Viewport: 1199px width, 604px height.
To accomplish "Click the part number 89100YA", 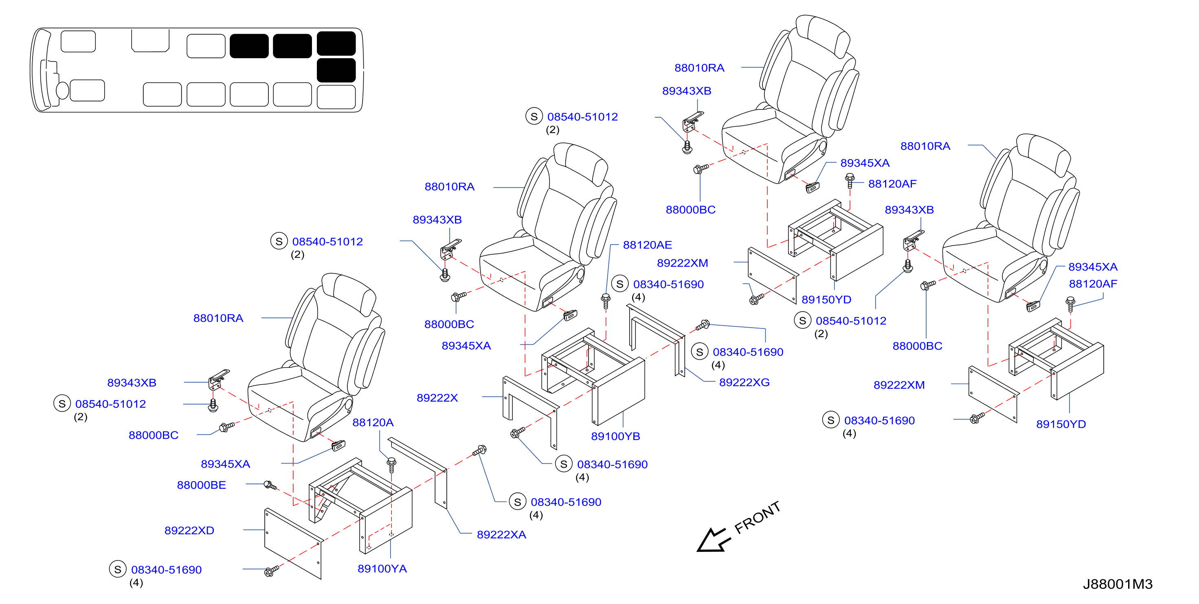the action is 382,569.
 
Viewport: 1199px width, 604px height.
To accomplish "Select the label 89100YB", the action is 615,436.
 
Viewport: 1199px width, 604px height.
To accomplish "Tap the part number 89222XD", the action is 189,530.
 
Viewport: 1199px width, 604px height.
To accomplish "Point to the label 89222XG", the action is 744,382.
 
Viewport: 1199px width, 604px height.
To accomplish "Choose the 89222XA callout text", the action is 501,534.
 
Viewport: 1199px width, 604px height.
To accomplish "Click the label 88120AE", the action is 648,245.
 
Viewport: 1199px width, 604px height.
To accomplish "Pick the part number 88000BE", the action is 201,485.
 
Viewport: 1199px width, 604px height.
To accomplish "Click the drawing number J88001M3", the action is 1118,584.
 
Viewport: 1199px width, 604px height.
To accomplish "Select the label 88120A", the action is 373,422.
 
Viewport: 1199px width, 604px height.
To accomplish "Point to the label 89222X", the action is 437,397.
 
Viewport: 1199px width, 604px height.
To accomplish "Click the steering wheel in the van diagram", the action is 62,90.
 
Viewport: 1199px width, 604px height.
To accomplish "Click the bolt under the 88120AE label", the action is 606,301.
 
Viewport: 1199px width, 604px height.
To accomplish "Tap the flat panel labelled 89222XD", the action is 293,543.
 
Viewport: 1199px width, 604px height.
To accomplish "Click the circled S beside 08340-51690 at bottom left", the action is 118,569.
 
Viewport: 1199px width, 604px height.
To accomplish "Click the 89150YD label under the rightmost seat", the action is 1061,424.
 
